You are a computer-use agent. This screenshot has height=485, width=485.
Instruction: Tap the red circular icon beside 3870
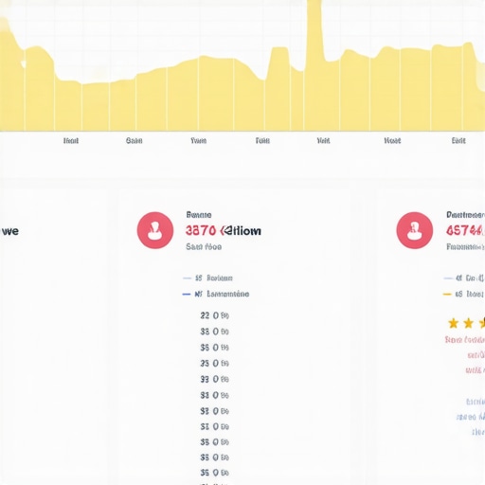point(154,230)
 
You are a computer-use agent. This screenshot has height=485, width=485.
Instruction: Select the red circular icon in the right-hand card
point(414,230)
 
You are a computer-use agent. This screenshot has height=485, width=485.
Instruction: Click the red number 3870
point(200,230)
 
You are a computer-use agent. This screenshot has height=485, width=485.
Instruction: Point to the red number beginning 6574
point(464,230)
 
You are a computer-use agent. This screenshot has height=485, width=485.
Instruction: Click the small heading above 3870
point(199,215)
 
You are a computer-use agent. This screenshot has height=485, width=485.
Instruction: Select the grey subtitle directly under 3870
point(204,246)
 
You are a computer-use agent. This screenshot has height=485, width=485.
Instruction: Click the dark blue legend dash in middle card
point(186,295)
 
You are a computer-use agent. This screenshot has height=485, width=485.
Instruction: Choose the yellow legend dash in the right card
point(447,295)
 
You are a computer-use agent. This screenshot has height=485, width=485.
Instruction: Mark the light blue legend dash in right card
point(447,278)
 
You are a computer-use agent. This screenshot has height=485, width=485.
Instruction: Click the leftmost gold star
point(453,323)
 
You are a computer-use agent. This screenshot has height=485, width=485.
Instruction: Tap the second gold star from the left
point(468,323)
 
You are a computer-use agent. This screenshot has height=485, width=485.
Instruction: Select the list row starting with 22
point(214,315)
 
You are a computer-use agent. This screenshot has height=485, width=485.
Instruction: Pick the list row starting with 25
point(214,472)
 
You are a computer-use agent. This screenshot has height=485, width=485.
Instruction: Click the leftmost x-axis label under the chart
point(71,140)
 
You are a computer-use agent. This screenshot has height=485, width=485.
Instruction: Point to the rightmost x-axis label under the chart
point(458,140)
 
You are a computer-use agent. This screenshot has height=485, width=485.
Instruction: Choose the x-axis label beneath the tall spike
point(323,140)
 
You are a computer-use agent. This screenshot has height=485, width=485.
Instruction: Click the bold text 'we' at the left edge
point(10,230)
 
